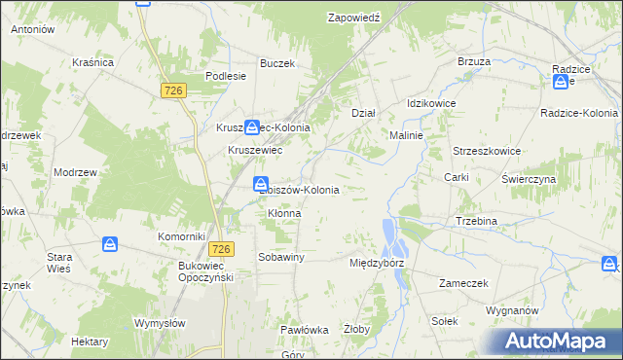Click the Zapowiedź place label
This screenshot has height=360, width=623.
pos(359,18)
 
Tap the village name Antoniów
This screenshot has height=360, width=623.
pos(31,29)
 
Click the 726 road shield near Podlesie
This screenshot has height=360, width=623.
pos(173,90)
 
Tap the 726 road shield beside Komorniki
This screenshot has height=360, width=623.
pos(220,249)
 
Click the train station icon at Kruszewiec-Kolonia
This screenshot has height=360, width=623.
pos(252,126)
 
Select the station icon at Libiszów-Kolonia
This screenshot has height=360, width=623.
pos(261,184)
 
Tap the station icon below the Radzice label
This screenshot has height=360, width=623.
pos(561,83)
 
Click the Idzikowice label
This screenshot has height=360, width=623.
pos(431,103)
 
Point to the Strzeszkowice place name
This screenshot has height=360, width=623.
pos(487,152)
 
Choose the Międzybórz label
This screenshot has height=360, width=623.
pos(376,263)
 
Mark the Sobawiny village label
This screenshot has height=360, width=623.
pos(281,257)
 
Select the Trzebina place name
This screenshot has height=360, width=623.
pos(476,221)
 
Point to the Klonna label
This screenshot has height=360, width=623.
pos(283,213)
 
